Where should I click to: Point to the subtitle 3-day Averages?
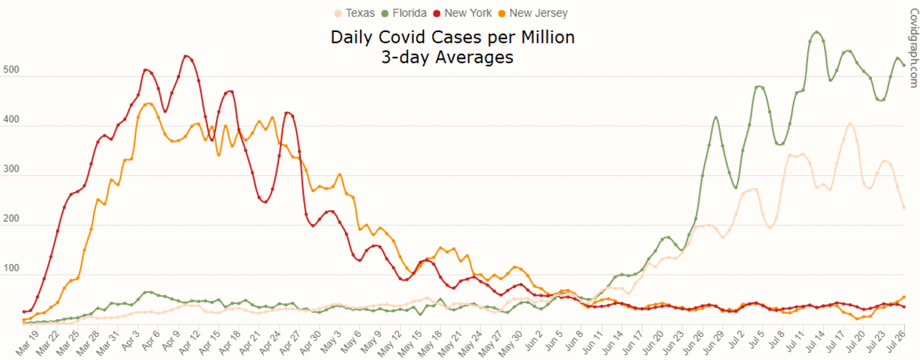click(447, 57)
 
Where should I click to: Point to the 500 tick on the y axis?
click(12, 71)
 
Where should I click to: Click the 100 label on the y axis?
click(12, 270)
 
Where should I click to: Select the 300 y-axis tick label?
click(12, 170)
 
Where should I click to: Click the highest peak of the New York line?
click(186, 56)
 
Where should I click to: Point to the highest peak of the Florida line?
click(817, 32)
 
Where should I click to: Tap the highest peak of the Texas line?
click(849, 124)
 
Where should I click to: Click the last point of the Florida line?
click(903, 65)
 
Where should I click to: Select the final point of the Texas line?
click(903, 208)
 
